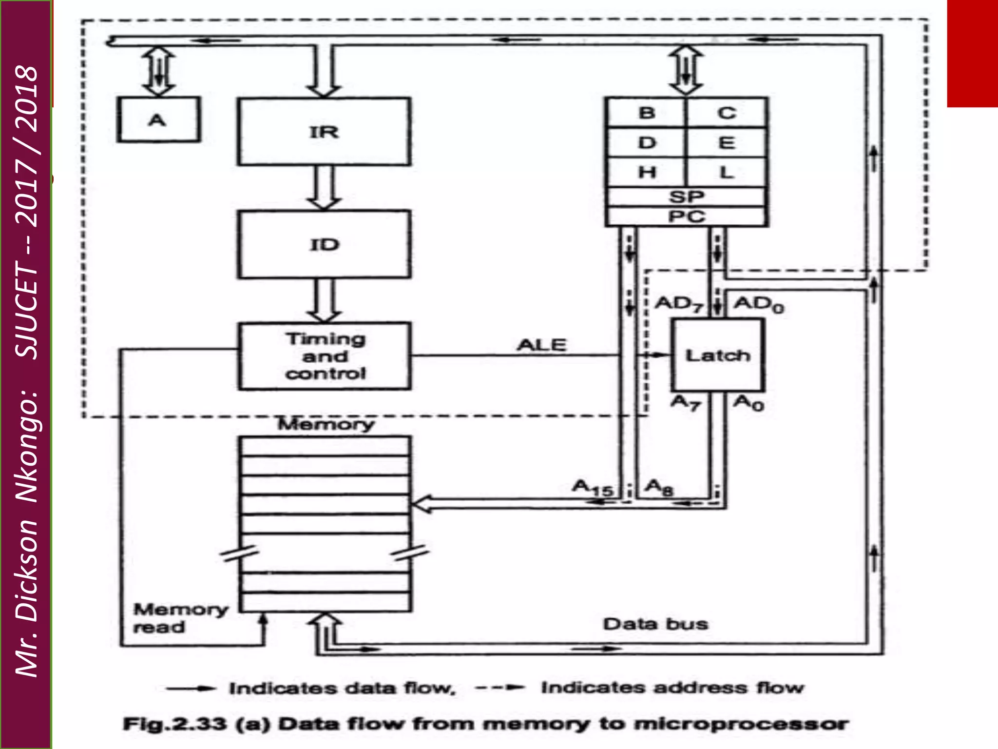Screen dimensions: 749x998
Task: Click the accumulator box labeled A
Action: click(x=158, y=119)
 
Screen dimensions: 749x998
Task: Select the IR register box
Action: click(x=324, y=132)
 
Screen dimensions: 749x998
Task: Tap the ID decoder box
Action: click(x=324, y=244)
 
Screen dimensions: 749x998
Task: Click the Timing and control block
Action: click(x=325, y=356)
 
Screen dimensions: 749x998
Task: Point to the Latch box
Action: click(x=718, y=355)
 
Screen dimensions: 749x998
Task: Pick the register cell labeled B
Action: click(x=646, y=113)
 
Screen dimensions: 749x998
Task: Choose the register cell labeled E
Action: click(x=726, y=143)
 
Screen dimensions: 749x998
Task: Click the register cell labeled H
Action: click(x=646, y=172)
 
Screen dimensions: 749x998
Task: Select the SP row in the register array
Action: click(x=686, y=197)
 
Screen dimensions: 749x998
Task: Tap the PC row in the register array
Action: click(x=686, y=216)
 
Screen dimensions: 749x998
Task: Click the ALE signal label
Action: click(x=541, y=345)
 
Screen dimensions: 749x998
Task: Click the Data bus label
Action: click(x=655, y=624)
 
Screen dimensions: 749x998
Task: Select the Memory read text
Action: click(x=180, y=618)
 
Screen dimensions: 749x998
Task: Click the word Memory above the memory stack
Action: click(x=326, y=424)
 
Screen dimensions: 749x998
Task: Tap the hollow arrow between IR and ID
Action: click(x=324, y=188)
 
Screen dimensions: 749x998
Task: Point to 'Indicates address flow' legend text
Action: click(x=672, y=688)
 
